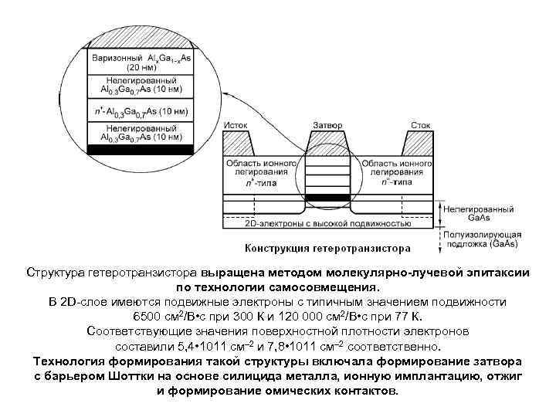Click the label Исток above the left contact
click(236, 124)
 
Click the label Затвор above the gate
click(327, 124)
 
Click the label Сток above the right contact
click(420, 124)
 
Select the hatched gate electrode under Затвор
click(327, 143)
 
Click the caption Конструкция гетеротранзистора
click(327, 249)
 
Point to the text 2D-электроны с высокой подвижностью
click(327, 222)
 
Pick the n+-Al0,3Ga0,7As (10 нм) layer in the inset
click(139, 111)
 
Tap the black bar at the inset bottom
click(139, 147)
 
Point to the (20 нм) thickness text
click(139, 67)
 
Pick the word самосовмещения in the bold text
click(325, 287)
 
